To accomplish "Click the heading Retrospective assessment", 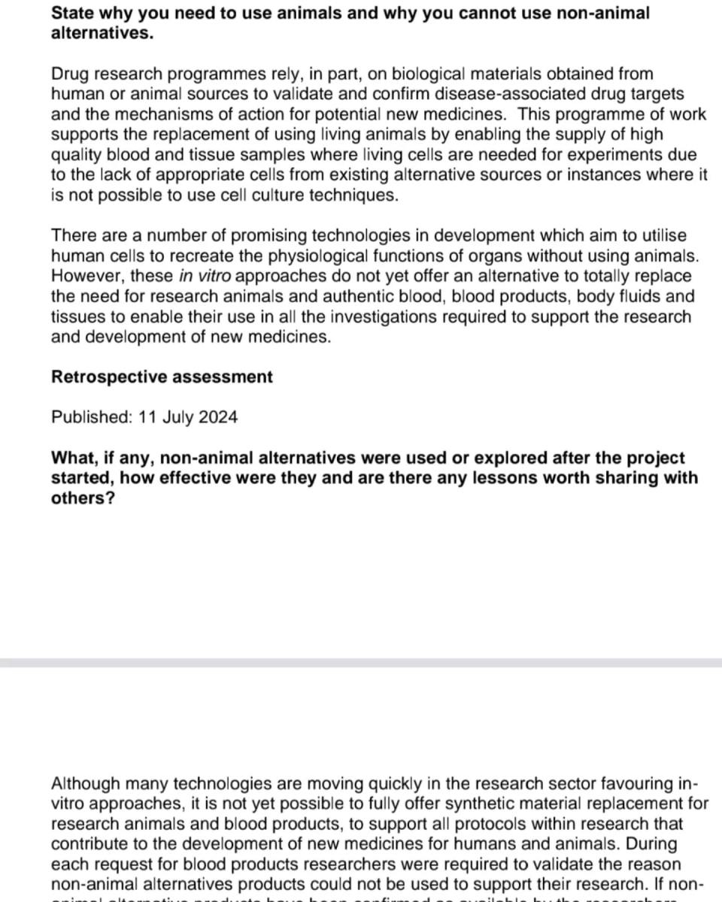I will coord(162,377).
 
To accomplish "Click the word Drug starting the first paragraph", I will coord(70,74).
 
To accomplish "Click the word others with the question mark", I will coord(82,498).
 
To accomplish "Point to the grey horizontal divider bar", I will coord(361,663).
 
